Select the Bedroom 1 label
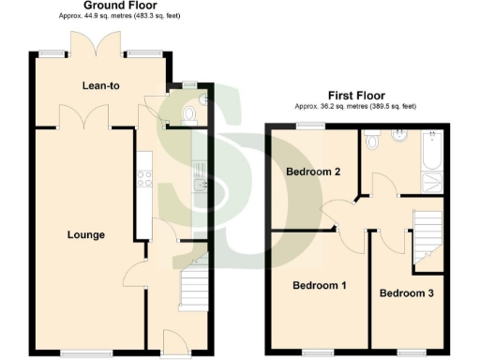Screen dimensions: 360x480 click(x=318, y=285)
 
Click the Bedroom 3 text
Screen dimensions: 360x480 click(x=406, y=293)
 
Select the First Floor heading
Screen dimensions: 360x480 click(x=356, y=95)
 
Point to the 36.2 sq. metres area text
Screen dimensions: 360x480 click(x=356, y=107)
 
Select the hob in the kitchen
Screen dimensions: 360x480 click(x=145, y=176)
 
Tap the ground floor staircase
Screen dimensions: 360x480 click(x=192, y=286)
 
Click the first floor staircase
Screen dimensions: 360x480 click(x=427, y=234)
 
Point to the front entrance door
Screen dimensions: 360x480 click(x=174, y=341)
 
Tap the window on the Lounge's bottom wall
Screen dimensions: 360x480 click(x=81, y=353)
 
